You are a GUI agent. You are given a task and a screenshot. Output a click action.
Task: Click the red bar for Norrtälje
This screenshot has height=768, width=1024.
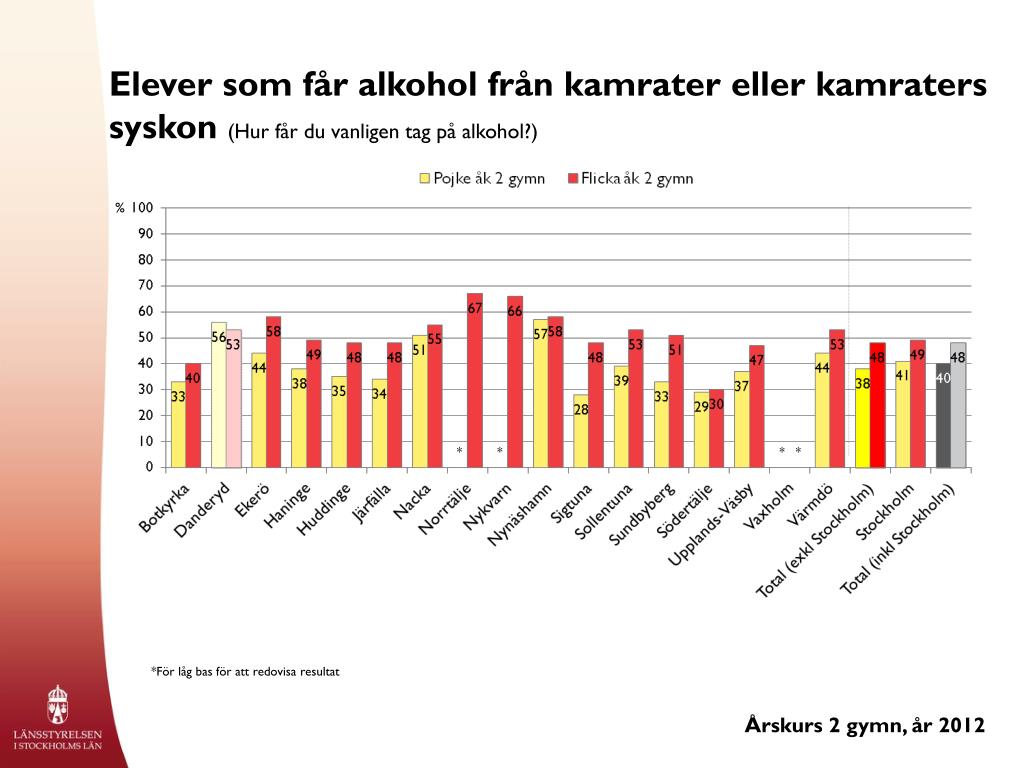tap(475, 381)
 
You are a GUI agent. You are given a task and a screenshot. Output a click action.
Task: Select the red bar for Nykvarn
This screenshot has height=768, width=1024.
tap(515, 382)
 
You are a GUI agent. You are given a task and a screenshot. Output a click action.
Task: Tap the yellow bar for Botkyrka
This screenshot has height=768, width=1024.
tap(178, 424)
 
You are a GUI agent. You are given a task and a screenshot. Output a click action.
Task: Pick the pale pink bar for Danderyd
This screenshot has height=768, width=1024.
tap(234, 398)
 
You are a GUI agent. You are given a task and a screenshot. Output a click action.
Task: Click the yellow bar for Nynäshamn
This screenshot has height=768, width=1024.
tap(541, 394)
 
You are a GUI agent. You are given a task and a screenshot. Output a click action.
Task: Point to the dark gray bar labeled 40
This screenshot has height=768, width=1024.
tap(943, 415)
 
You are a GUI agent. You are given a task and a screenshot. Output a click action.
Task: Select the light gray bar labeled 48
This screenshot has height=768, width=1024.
tap(958, 405)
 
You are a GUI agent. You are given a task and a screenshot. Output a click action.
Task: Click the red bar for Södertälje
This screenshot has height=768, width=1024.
tap(716, 428)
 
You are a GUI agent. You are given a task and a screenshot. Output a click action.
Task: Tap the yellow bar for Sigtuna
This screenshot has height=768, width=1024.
tap(581, 431)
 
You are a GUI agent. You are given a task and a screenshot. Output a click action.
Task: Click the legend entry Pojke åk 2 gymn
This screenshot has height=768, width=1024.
tap(482, 178)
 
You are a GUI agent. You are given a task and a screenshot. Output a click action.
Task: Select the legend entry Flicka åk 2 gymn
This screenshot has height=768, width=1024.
tap(630, 178)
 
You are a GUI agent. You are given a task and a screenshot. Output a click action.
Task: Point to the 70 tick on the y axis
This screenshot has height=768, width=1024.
tap(146, 285)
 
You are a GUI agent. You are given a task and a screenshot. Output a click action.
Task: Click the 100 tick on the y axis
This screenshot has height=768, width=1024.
tap(142, 208)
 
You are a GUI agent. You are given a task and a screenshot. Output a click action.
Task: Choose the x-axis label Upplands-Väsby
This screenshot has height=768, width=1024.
tap(711, 524)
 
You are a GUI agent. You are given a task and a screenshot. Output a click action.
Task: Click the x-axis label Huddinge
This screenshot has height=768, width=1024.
tap(324, 509)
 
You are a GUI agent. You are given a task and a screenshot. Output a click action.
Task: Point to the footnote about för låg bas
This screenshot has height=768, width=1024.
tap(245, 671)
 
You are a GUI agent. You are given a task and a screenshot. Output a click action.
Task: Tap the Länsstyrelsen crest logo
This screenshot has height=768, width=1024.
tap(57, 705)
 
